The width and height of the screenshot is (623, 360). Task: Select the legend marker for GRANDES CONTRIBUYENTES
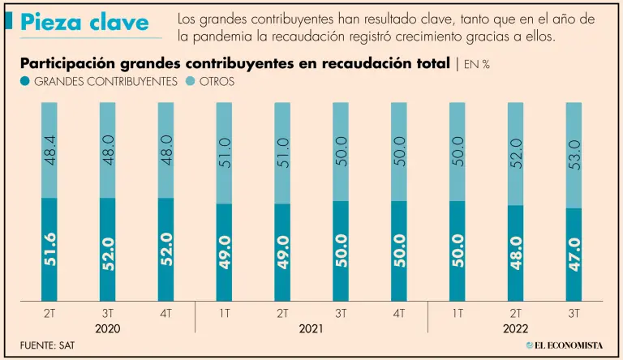tap(25, 81)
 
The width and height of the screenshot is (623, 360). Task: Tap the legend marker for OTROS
tap(191, 81)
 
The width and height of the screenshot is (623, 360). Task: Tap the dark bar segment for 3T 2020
tap(108, 249)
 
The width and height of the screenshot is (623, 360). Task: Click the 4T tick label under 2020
tap(166, 313)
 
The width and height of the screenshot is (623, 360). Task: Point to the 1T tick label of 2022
tap(457, 313)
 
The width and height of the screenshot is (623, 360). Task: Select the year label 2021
tap(311, 329)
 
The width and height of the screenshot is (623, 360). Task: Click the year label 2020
tap(108, 329)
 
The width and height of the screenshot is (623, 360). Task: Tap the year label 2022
tap(515, 329)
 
